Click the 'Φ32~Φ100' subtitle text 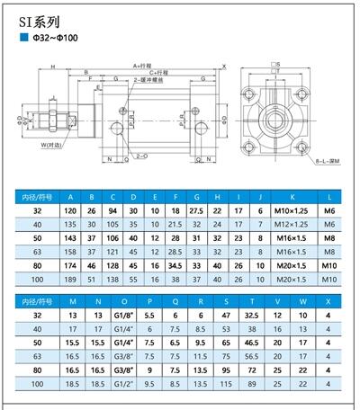click(x=55, y=40)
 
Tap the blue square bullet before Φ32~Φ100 click(x=24, y=40)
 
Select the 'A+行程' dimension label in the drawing click(x=142, y=67)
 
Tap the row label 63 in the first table click(x=38, y=253)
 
